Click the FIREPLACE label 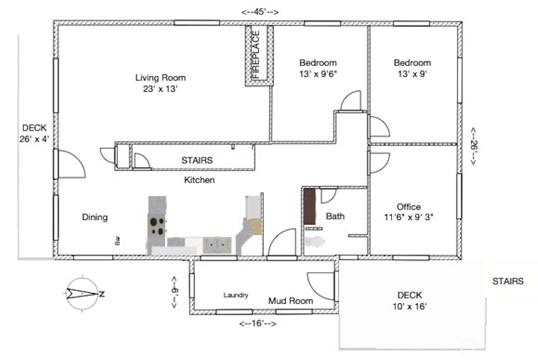(256, 54)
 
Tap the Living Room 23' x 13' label (160, 83)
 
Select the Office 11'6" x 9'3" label (408, 212)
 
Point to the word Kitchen (199, 180)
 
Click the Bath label (335, 216)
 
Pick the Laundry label (236, 295)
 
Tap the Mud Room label (291, 301)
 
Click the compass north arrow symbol (83, 293)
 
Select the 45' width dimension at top (260, 12)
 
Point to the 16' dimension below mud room (258, 324)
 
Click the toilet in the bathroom (314, 241)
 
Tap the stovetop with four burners (157, 225)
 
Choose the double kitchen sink (217, 245)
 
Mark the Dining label (95, 217)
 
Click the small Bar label (118, 241)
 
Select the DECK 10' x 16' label (410, 301)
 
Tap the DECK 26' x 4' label (34, 133)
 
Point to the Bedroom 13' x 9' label (412, 68)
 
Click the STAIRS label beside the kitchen (197, 160)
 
